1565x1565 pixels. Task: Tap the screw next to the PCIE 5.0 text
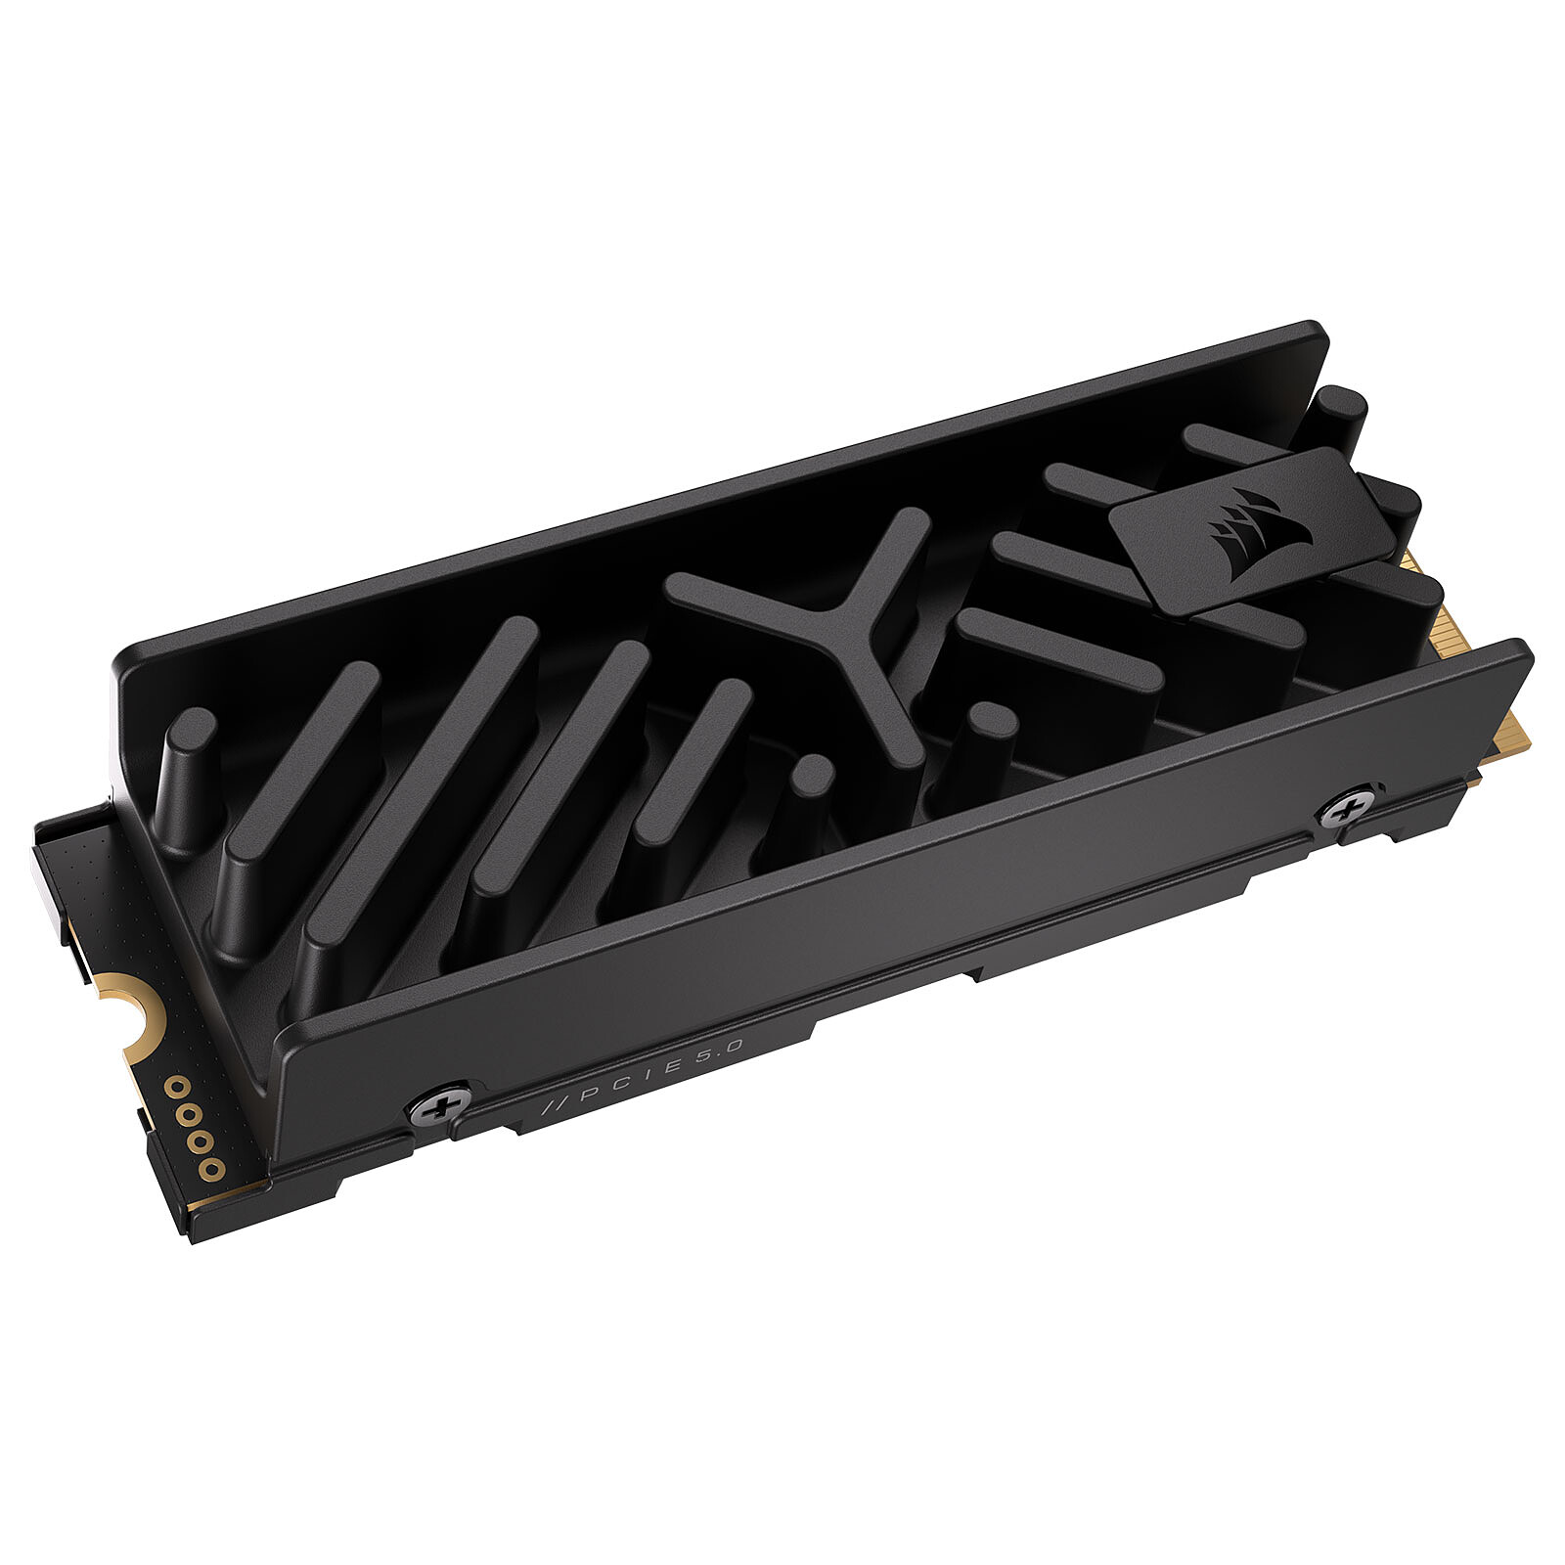click(438, 1106)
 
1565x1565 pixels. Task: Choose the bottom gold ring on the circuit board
click(209, 1169)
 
